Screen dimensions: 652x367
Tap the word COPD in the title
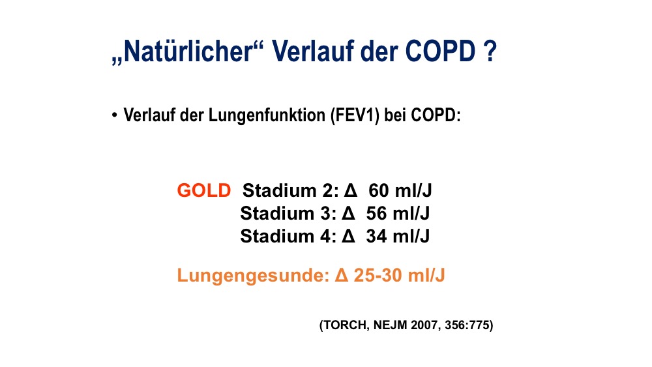click(x=440, y=51)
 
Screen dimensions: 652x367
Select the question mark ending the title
click(x=491, y=51)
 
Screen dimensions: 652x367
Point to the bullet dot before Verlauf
click(x=114, y=115)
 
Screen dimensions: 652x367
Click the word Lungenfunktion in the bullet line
click(x=267, y=115)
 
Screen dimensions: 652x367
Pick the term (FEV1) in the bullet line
click(x=355, y=115)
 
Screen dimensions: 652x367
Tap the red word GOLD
click(x=203, y=190)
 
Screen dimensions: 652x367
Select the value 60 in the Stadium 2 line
click(x=379, y=190)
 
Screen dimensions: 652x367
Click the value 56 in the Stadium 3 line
click(x=376, y=213)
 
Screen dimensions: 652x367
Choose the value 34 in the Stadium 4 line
click(x=376, y=236)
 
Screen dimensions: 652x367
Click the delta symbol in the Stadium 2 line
click(x=351, y=190)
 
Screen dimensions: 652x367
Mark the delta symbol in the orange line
click(x=342, y=275)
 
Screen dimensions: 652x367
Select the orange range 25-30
click(x=378, y=275)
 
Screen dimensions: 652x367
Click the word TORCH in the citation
click(x=344, y=325)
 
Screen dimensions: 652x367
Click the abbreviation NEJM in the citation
click(x=390, y=325)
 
